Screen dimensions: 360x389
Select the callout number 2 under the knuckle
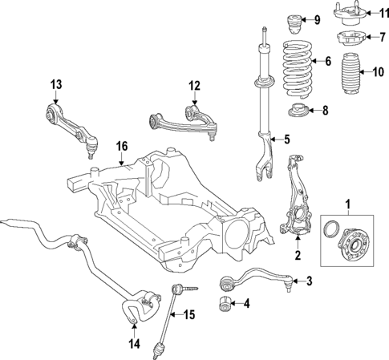[x=297, y=257]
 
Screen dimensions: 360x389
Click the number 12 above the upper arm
[x=193, y=86]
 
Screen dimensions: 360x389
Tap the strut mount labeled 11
[x=351, y=14]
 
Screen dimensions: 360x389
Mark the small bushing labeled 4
[x=225, y=304]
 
